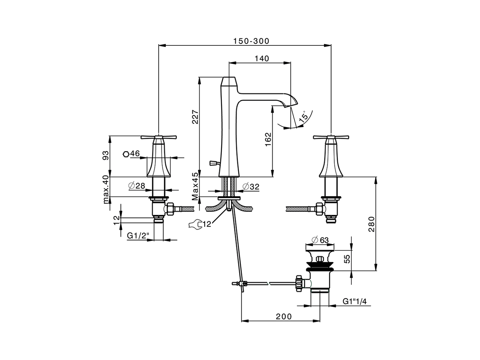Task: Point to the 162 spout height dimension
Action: [x=268, y=139]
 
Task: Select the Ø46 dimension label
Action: [x=132, y=154]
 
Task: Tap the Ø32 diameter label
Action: [x=251, y=186]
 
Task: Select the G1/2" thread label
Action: [x=138, y=235]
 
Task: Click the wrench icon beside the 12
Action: [x=194, y=224]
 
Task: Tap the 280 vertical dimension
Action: [x=371, y=224]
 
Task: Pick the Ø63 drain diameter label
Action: [x=319, y=239]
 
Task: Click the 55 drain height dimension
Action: [x=347, y=259]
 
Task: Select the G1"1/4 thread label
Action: [x=354, y=301]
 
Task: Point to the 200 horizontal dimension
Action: [x=283, y=316]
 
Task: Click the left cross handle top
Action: [x=159, y=137]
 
